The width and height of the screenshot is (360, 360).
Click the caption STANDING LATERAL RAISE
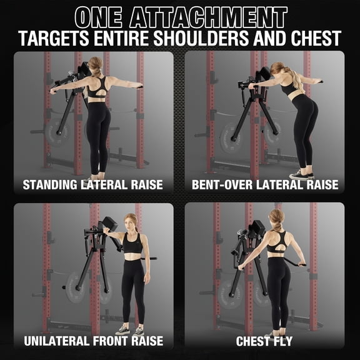coord(93,184)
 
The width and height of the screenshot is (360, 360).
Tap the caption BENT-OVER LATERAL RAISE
coord(265,184)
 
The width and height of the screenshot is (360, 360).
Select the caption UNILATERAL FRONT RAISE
coord(93,341)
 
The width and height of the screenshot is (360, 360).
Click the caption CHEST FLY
coord(265,341)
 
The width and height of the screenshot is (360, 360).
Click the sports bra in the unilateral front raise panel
coord(132,245)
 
